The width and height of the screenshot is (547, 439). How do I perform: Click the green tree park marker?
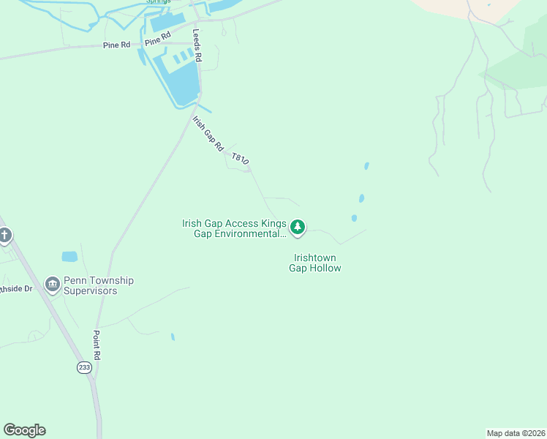pos(297,228)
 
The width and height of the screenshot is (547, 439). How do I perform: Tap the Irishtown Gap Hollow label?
pos(317,263)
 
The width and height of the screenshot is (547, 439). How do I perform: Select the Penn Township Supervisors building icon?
pos(52,285)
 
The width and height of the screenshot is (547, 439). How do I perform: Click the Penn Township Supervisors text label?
pos(99,285)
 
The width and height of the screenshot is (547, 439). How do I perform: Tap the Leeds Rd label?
pos(196,45)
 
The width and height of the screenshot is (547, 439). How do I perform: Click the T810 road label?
pos(240,159)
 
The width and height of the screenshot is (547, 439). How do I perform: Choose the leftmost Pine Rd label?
pos(116,45)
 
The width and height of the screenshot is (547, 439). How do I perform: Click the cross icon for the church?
pos(5,236)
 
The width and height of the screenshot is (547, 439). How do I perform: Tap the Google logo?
pos(24,430)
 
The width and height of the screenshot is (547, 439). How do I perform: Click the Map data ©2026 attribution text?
pos(516,433)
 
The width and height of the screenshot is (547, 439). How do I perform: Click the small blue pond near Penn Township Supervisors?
pos(69,257)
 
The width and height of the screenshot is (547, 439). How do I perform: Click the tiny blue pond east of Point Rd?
pos(173,337)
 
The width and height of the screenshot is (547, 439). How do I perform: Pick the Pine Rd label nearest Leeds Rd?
pos(157,39)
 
